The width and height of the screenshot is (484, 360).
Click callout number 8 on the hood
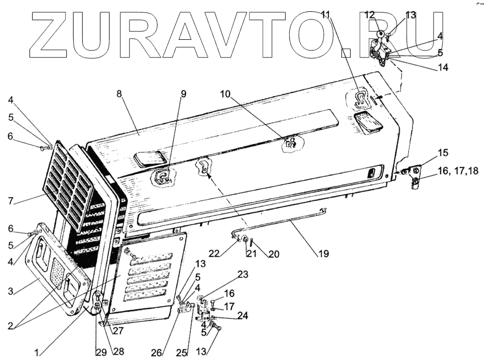pyautogui.click(x=119, y=93)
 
